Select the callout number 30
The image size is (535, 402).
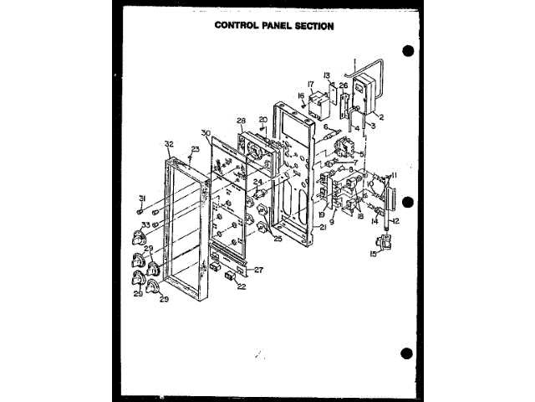click(x=206, y=133)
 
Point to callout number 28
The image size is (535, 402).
click(x=240, y=121)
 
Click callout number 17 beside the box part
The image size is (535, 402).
click(x=309, y=84)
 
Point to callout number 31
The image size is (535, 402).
click(x=143, y=198)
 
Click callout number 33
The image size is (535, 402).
click(x=145, y=224)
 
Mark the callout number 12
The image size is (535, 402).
click(x=397, y=220)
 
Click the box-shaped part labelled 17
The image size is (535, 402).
click(x=318, y=106)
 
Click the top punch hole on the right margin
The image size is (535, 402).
click(x=408, y=51)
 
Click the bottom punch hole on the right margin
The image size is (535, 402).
click(x=408, y=353)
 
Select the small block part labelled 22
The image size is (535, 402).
click(x=229, y=276)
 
